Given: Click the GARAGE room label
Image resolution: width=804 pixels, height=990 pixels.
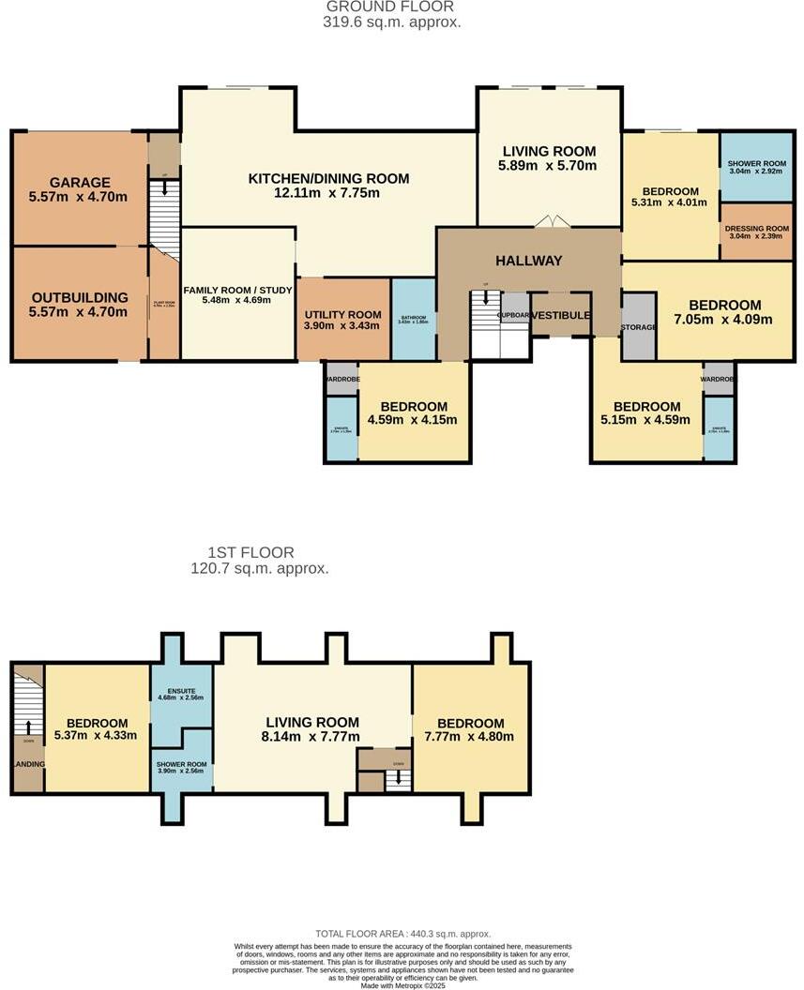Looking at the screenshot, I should coord(80,183).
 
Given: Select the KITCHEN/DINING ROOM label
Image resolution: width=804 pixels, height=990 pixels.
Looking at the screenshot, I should coord(328,178).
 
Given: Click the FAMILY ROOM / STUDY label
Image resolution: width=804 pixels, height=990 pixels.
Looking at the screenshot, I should coord(239,288).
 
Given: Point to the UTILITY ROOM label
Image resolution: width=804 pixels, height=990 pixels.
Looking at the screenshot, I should coord(343,314).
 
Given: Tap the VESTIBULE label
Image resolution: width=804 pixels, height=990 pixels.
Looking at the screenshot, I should coord(560,316).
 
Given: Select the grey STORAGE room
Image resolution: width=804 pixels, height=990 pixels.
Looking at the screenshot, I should coord(638,327).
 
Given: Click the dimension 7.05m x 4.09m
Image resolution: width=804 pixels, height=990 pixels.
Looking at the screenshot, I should coord(724,319).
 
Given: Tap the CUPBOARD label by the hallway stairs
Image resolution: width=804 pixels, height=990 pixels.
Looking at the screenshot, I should coord(514,316).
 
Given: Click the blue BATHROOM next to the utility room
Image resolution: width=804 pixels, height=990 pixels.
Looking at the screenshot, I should coord(413,319).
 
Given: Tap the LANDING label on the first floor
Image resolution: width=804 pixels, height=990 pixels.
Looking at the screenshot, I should coord(28,764).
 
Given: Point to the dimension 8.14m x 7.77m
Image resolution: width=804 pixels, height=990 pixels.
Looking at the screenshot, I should coord(312,737).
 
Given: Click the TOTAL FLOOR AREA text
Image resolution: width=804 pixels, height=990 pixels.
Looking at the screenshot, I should coord(402,935).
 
